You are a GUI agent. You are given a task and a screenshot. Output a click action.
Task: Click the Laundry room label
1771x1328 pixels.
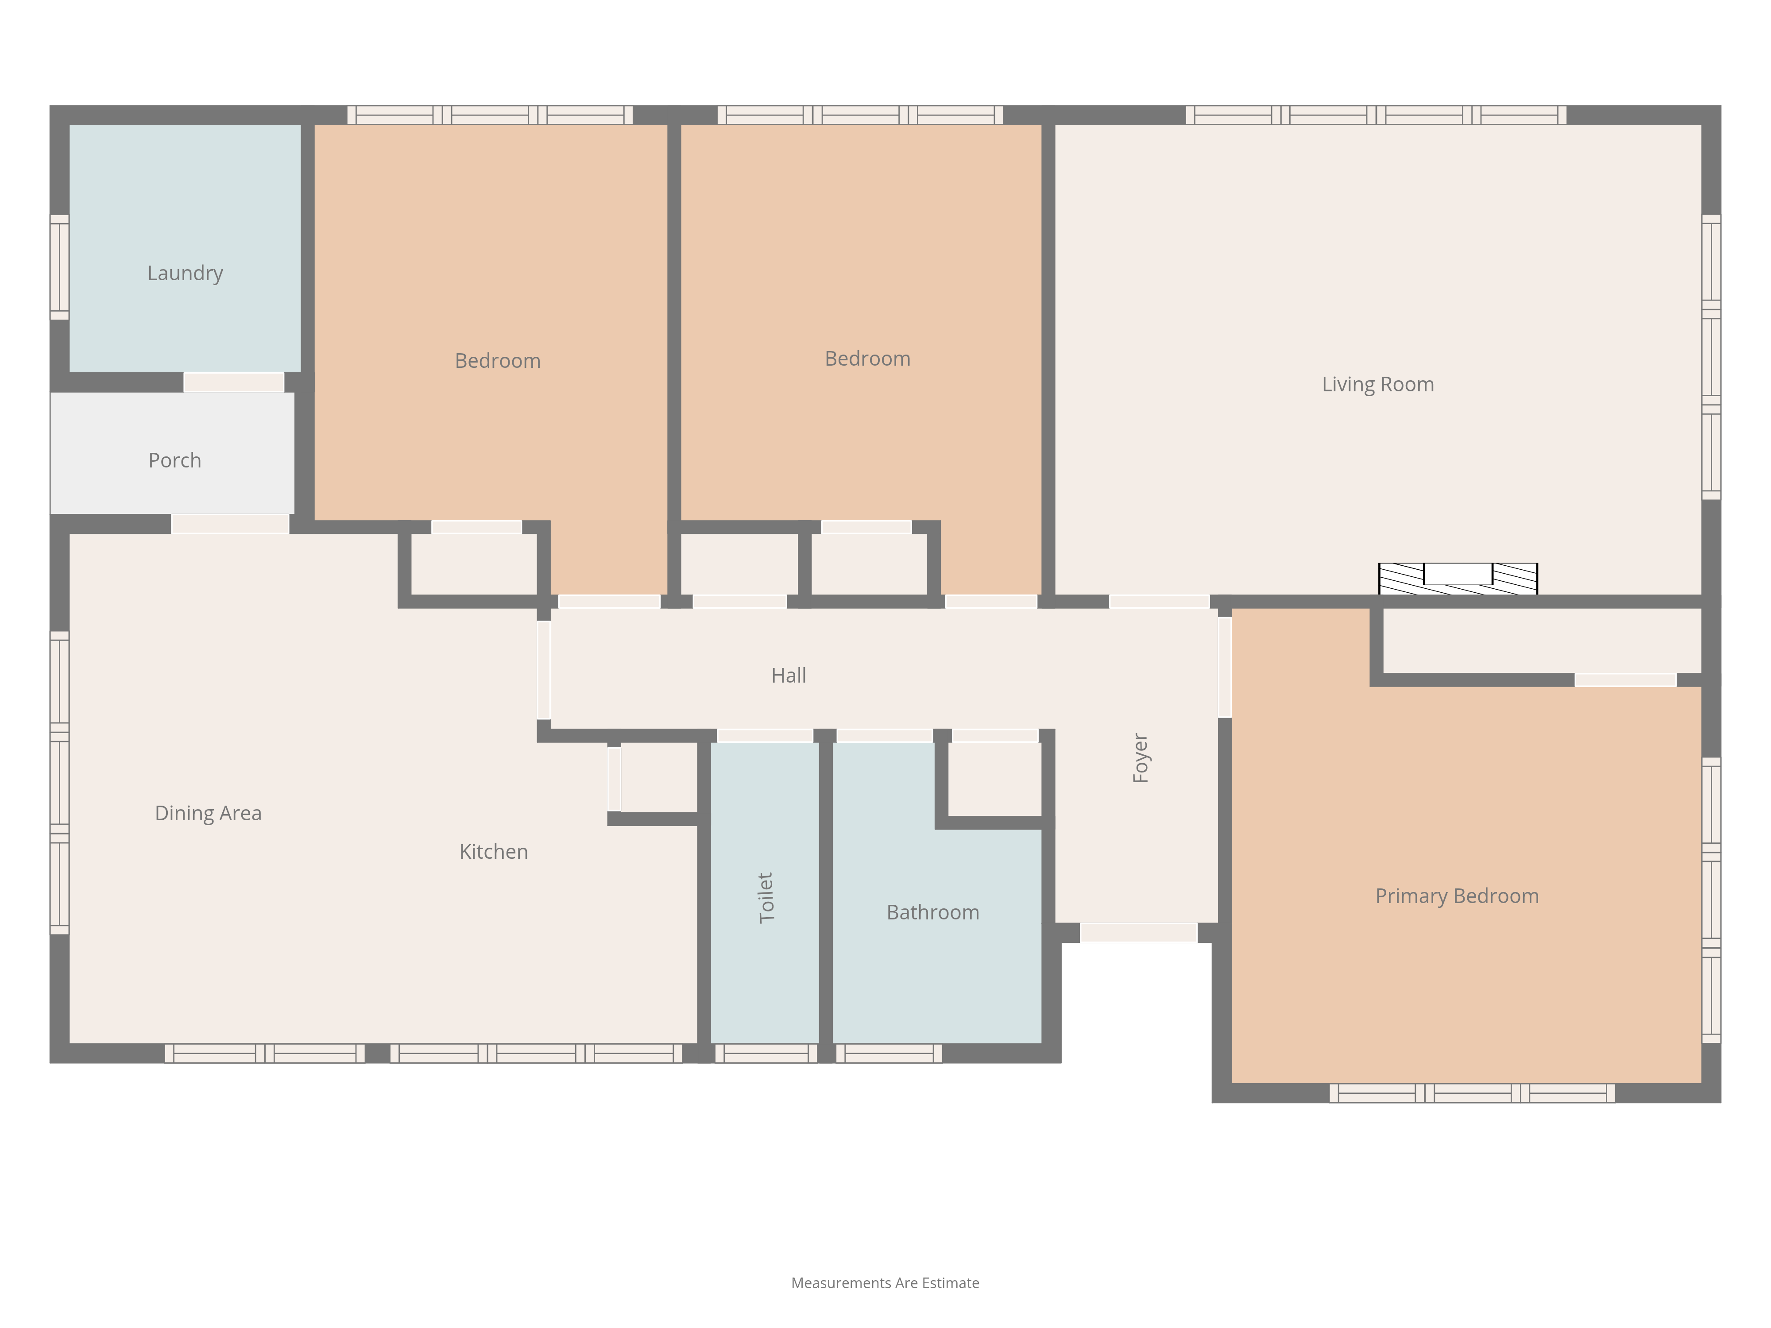click(x=185, y=274)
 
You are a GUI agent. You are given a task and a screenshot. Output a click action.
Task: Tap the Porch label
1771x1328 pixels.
click(x=174, y=460)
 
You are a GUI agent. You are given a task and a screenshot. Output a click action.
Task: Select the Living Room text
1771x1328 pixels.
click(x=1378, y=384)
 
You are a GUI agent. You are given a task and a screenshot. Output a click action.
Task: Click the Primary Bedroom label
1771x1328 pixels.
click(x=1457, y=896)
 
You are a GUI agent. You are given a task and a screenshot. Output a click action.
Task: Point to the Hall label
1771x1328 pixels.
click(x=789, y=676)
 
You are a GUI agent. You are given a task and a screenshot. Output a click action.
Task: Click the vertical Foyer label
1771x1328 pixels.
click(x=1140, y=757)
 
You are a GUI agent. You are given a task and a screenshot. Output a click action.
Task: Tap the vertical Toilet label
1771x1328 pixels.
click(x=766, y=897)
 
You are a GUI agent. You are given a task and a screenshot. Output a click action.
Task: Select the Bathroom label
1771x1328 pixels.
click(x=933, y=912)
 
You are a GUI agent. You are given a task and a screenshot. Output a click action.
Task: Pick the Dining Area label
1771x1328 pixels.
click(x=208, y=813)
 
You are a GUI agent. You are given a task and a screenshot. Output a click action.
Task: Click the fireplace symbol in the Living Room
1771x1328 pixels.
click(x=1458, y=579)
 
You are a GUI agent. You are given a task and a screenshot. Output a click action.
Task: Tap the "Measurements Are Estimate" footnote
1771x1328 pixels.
click(x=885, y=1283)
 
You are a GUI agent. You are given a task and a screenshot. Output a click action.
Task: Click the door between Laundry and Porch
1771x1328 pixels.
click(x=234, y=382)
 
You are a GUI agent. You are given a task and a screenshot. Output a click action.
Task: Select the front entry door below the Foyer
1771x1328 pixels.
click(x=1138, y=933)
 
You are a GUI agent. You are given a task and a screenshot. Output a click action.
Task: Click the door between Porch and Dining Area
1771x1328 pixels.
click(x=231, y=524)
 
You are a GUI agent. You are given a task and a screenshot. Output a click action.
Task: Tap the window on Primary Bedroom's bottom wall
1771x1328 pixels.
click(x=1472, y=1093)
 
